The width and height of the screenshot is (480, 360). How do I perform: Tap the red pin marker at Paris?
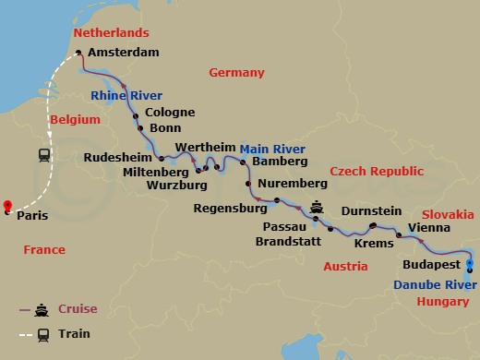tap(7, 206)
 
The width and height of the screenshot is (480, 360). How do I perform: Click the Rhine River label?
tap(126, 95)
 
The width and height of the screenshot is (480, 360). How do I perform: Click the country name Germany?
tap(236, 73)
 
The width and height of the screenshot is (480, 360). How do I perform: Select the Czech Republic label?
tap(377, 172)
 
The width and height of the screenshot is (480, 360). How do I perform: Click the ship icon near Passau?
tap(318, 207)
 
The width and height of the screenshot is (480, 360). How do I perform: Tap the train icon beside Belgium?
tap(44, 155)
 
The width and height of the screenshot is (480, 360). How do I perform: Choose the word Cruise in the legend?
tap(78, 308)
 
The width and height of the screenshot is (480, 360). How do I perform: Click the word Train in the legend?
tap(74, 333)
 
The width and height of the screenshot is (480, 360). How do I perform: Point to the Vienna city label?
tap(428, 227)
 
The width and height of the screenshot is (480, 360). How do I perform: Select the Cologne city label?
tap(170, 113)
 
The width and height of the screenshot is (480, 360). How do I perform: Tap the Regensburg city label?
tap(230, 209)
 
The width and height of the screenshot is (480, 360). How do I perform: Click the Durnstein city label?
tap(371, 211)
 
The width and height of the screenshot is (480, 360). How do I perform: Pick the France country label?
tap(44, 250)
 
